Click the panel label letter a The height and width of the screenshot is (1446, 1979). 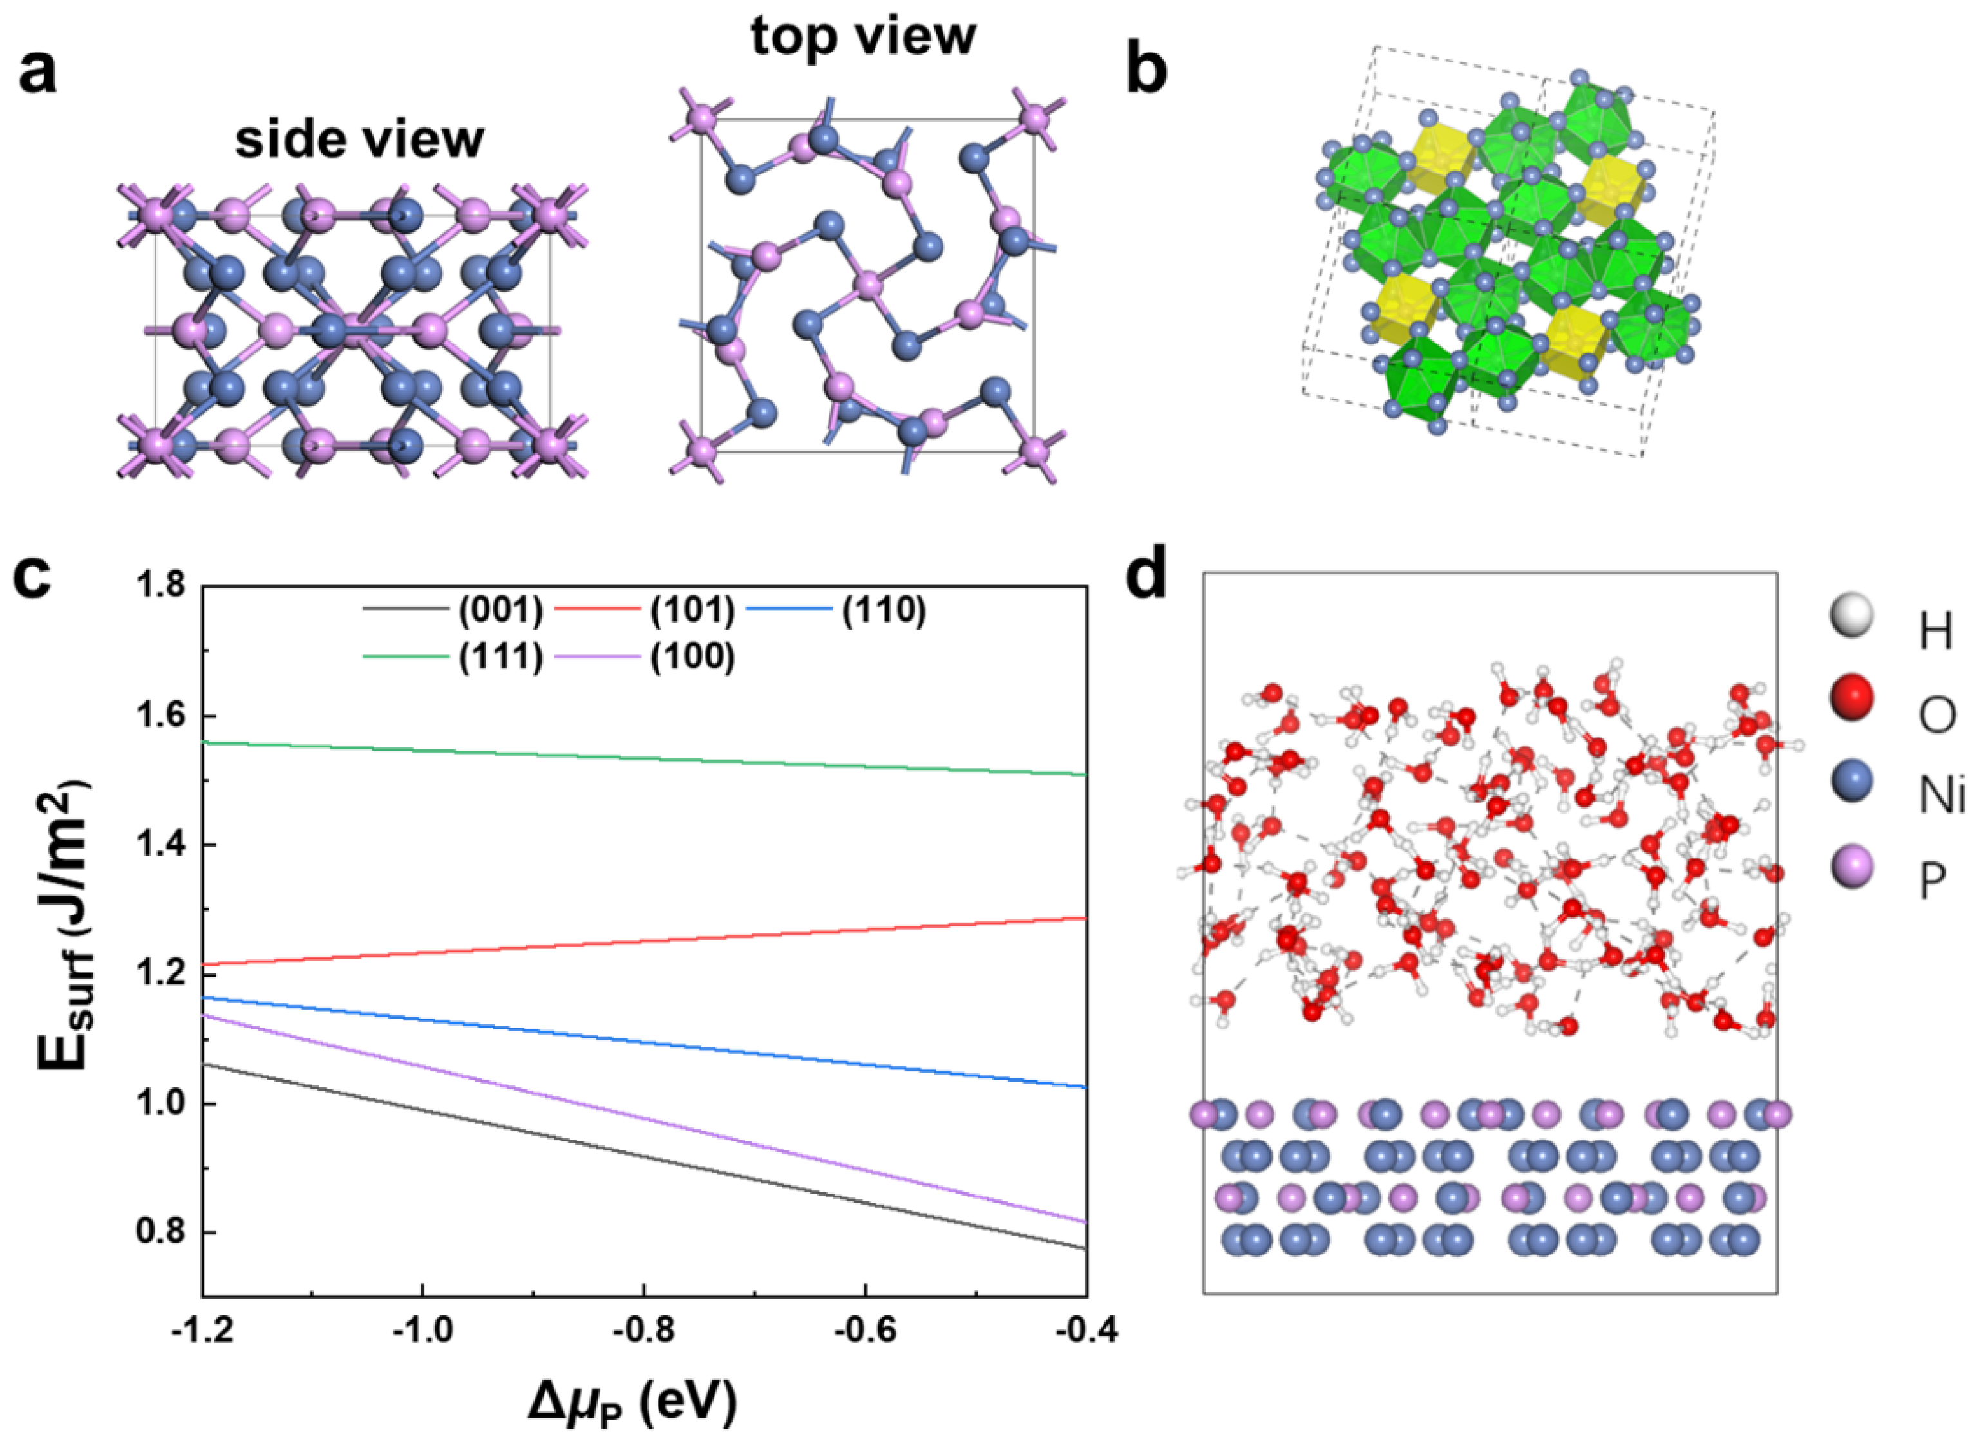click(x=37, y=71)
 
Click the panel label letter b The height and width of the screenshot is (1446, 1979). click(x=1146, y=71)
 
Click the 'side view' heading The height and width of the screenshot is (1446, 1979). click(x=359, y=140)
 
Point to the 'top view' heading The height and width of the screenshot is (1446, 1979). click(x=864, y=37)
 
